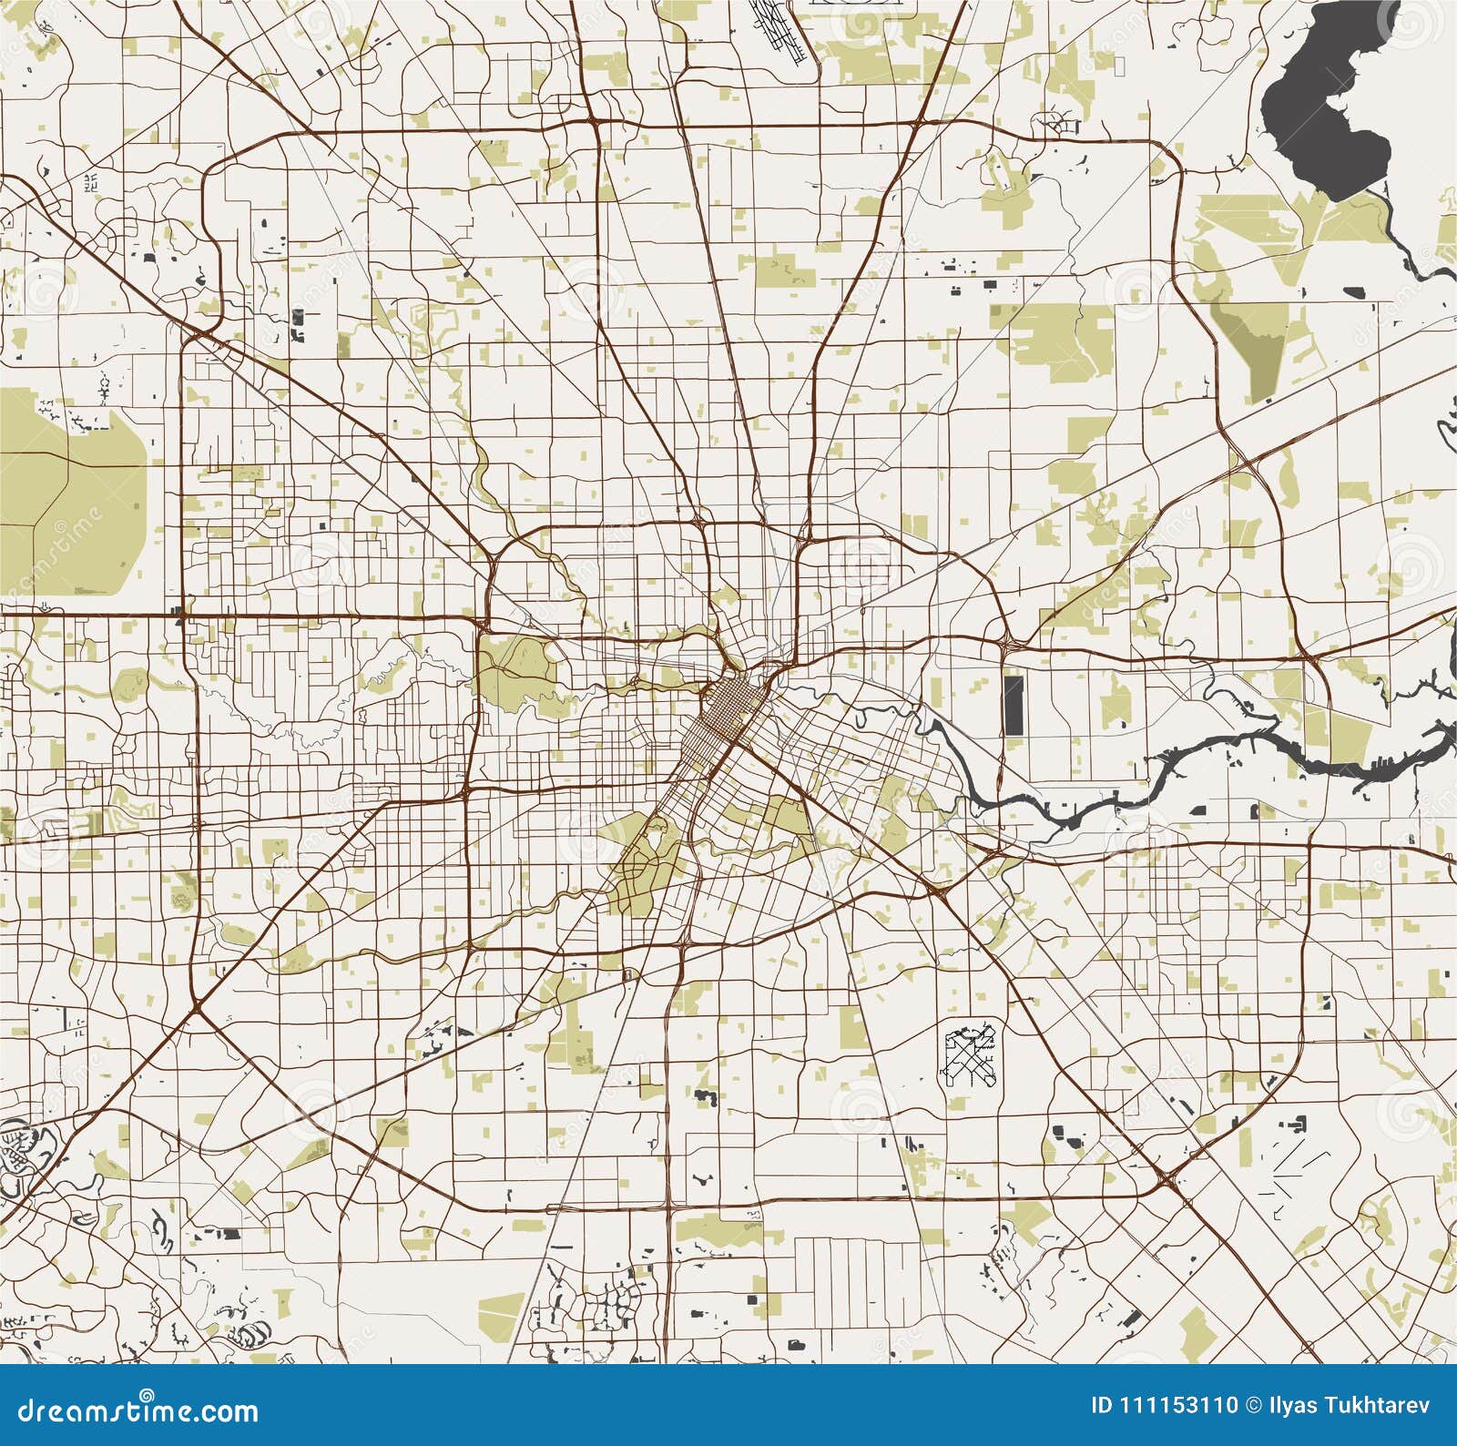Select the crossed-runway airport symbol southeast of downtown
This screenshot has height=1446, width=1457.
tap(970, 1056)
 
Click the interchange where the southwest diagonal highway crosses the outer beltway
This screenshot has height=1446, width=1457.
tap(197, 1009)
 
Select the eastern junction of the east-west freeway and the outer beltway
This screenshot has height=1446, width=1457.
tap(1309, 657)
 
